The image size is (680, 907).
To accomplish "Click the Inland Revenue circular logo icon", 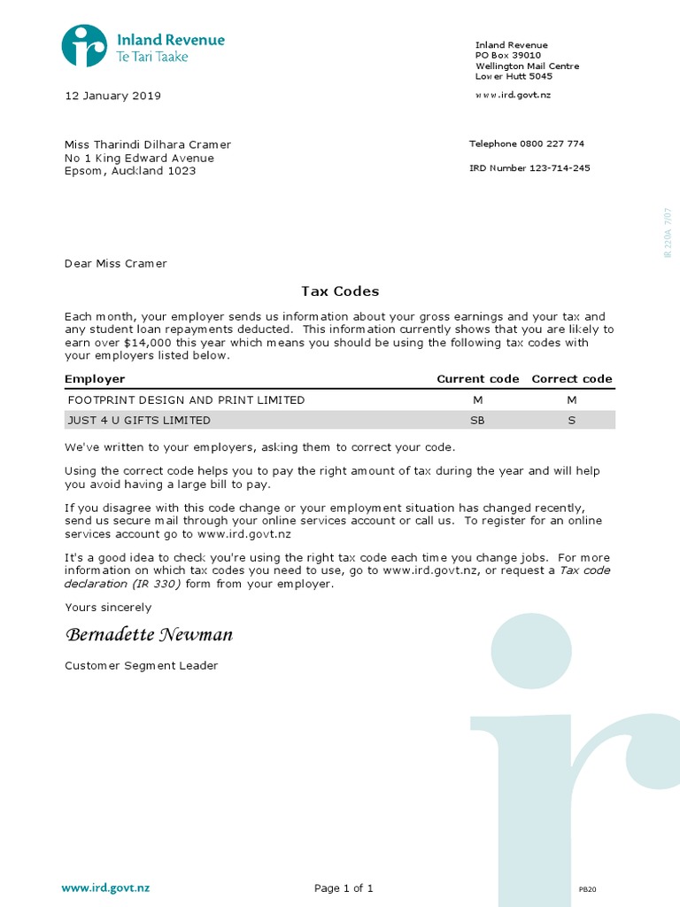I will (x=84, y=46).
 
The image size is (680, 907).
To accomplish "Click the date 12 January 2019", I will (x=112, y=96).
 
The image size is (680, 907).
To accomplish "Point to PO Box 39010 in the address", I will (x=508, y=55).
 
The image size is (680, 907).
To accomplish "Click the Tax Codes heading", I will (x=340, y=291).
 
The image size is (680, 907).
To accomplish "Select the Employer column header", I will (x=95, y=379).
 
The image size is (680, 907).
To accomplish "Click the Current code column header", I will (x=478, y=379).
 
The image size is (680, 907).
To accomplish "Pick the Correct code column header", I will (x=572, y=379).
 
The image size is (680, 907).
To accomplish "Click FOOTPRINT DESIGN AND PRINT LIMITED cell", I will (x=186, y=400).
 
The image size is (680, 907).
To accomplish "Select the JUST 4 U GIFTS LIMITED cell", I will (x=139, y=421).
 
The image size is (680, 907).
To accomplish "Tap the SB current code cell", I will (x=477, y=421).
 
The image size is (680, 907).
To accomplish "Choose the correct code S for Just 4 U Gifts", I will (x=572, y=421).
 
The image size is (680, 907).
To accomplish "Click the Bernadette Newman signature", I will (x=149, y=636).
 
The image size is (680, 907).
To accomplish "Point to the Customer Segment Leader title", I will (x=141, y=666).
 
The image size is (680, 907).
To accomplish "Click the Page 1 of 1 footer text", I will (x=344, y=888).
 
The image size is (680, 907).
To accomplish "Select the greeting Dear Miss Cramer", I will (x=115, y=263).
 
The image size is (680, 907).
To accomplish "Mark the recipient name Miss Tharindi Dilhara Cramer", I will (x=147, y=145).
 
